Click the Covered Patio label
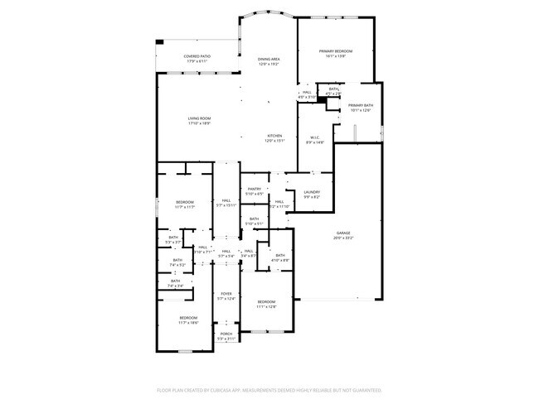[197, 56]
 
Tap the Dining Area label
[268, 60]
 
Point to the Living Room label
[198, 118]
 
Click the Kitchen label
[274, 136]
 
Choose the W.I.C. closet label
[315, 137]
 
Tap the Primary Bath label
[361, 106]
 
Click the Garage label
[343, 234]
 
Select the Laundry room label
[312, 192]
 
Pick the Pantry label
[255, 189]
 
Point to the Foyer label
[226, 294]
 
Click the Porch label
[226, 334]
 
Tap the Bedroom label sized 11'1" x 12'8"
[265, 301]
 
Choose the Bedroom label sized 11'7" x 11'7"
[184, 203]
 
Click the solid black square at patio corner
[160, 42]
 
